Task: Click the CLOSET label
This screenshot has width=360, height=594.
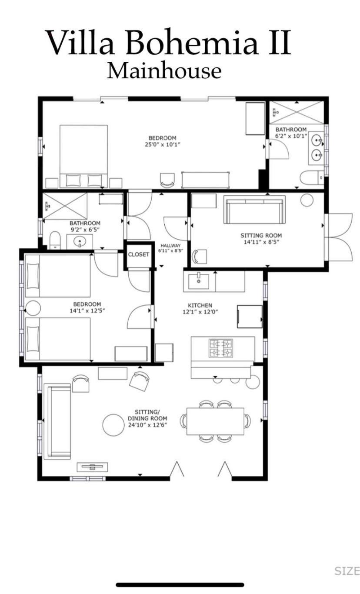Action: point(138,254)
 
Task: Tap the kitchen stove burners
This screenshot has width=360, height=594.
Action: point(220,348)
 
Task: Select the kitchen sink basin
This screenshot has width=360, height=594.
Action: point(199,281)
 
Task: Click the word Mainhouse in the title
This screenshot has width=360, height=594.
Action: point(164,71)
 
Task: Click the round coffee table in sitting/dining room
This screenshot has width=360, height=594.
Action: point(113,425)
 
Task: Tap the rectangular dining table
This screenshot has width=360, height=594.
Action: point(215,421)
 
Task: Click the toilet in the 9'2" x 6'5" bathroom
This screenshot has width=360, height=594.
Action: point(55,240)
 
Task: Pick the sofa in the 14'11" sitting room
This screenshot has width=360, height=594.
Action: point(254,210)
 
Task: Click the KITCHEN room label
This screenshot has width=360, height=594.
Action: point(200,305)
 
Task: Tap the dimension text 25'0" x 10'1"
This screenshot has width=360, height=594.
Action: point(163,144)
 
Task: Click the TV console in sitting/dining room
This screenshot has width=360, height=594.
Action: point(92,467)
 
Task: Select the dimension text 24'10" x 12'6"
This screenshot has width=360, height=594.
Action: point(147,425)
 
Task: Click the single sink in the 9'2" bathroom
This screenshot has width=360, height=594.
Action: point(80,242)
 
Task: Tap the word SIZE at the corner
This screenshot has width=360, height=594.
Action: point(347,571)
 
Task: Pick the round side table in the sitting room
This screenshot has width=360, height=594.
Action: point(307,200)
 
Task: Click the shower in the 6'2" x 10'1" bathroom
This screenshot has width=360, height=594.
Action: point(297,112)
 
